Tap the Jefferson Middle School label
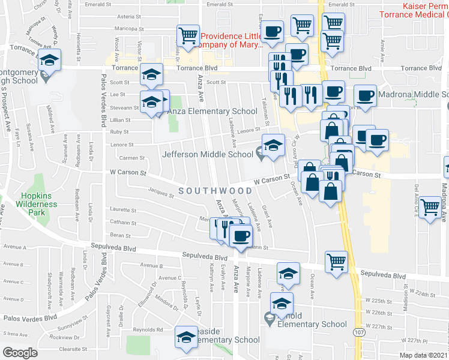click(208, 154)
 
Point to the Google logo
click(19, 352)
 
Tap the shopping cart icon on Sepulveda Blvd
click(337, 261)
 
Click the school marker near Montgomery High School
click(49, 60)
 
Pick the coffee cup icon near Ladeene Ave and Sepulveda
click(241, 235)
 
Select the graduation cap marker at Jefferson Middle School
click(273, 145)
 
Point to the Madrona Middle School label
click(414, 94)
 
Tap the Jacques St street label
click(160, 193)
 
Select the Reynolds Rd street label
click(148, 329)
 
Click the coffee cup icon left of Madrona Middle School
click(365, 95)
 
